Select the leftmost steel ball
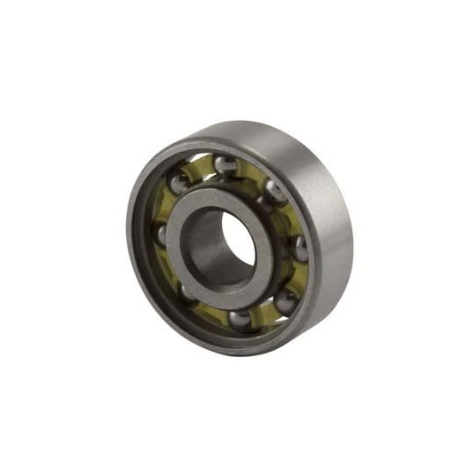tap(162, 234)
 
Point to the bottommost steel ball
tap(240, 318)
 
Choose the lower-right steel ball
tap(286, 300)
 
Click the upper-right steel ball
tap(276, 190)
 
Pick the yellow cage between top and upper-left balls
tap(202, 169)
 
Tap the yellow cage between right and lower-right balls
tap(296, 277)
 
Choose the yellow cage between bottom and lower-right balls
tap(265, 313)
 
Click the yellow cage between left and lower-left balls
tap(170, 265)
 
